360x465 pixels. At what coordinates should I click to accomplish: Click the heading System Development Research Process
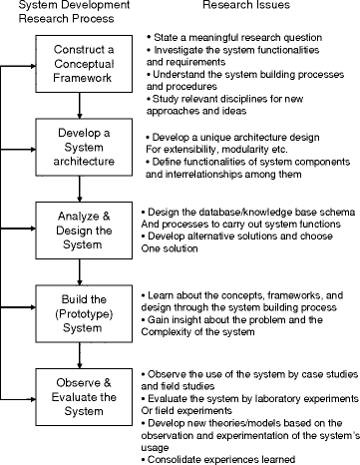[65, 14]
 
